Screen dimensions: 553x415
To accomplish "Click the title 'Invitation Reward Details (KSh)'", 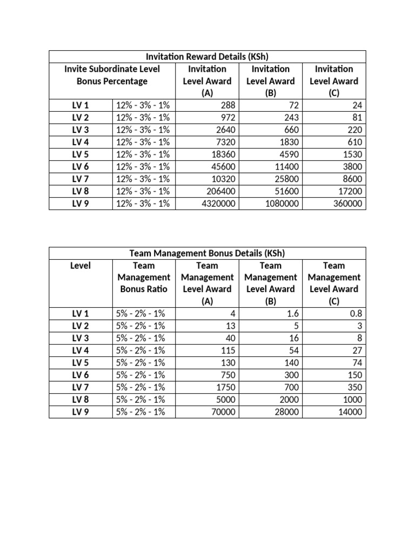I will [207, 57].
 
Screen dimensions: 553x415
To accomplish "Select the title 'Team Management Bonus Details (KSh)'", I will [207, 253].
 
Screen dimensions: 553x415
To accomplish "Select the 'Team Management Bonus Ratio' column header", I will [144, 277].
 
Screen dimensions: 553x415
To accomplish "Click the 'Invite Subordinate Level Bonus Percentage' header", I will [112, 75].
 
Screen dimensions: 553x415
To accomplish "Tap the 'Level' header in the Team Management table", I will [81, 266].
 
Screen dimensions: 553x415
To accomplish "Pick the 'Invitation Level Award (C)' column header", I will [334, 81].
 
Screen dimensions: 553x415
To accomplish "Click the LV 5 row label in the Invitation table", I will [81, 154].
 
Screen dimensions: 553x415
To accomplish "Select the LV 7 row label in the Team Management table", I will [81, 387].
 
